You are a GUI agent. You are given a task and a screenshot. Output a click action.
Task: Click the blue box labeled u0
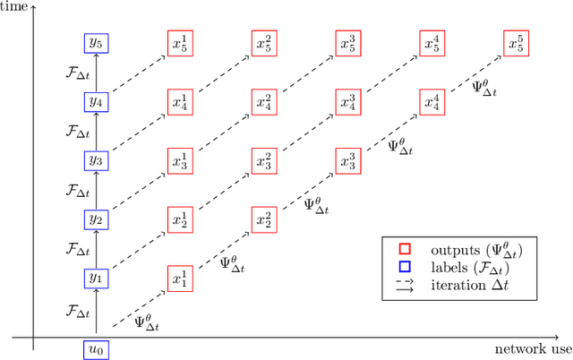pyautogui.click(x=95, y=350)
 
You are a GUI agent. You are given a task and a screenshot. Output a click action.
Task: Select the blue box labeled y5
pyautogui.click(x=95, y=43)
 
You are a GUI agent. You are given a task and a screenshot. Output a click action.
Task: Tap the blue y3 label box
pyautogui.click(x=95, y=160)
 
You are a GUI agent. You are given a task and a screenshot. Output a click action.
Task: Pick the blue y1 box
pyautogui.click(x=95, y=279)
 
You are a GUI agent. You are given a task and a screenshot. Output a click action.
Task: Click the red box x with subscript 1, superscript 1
pyautogui.click(x=180, y=279)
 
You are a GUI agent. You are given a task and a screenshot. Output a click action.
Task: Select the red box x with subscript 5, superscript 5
pyautogui.click(x=517, y=43)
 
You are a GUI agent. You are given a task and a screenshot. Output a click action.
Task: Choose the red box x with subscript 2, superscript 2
pyautogui.click(x=264, y=219)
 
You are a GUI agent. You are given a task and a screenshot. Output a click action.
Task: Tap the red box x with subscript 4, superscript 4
pyautogui.click(x=432, y=102)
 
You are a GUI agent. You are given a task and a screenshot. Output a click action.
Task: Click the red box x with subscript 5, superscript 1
pyautogui.click(x=180, y=43)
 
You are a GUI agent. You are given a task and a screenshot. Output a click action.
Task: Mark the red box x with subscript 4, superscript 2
pyautogui.click(x=264, y=102)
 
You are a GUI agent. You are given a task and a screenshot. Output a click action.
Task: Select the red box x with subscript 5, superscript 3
pyautogui.click(x=348, y=43)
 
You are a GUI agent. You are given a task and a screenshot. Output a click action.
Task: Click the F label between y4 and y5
pyautogui.click(x=79, y=73)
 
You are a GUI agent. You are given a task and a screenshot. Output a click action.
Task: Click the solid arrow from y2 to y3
pyautogui.click(x=95, y=190)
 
